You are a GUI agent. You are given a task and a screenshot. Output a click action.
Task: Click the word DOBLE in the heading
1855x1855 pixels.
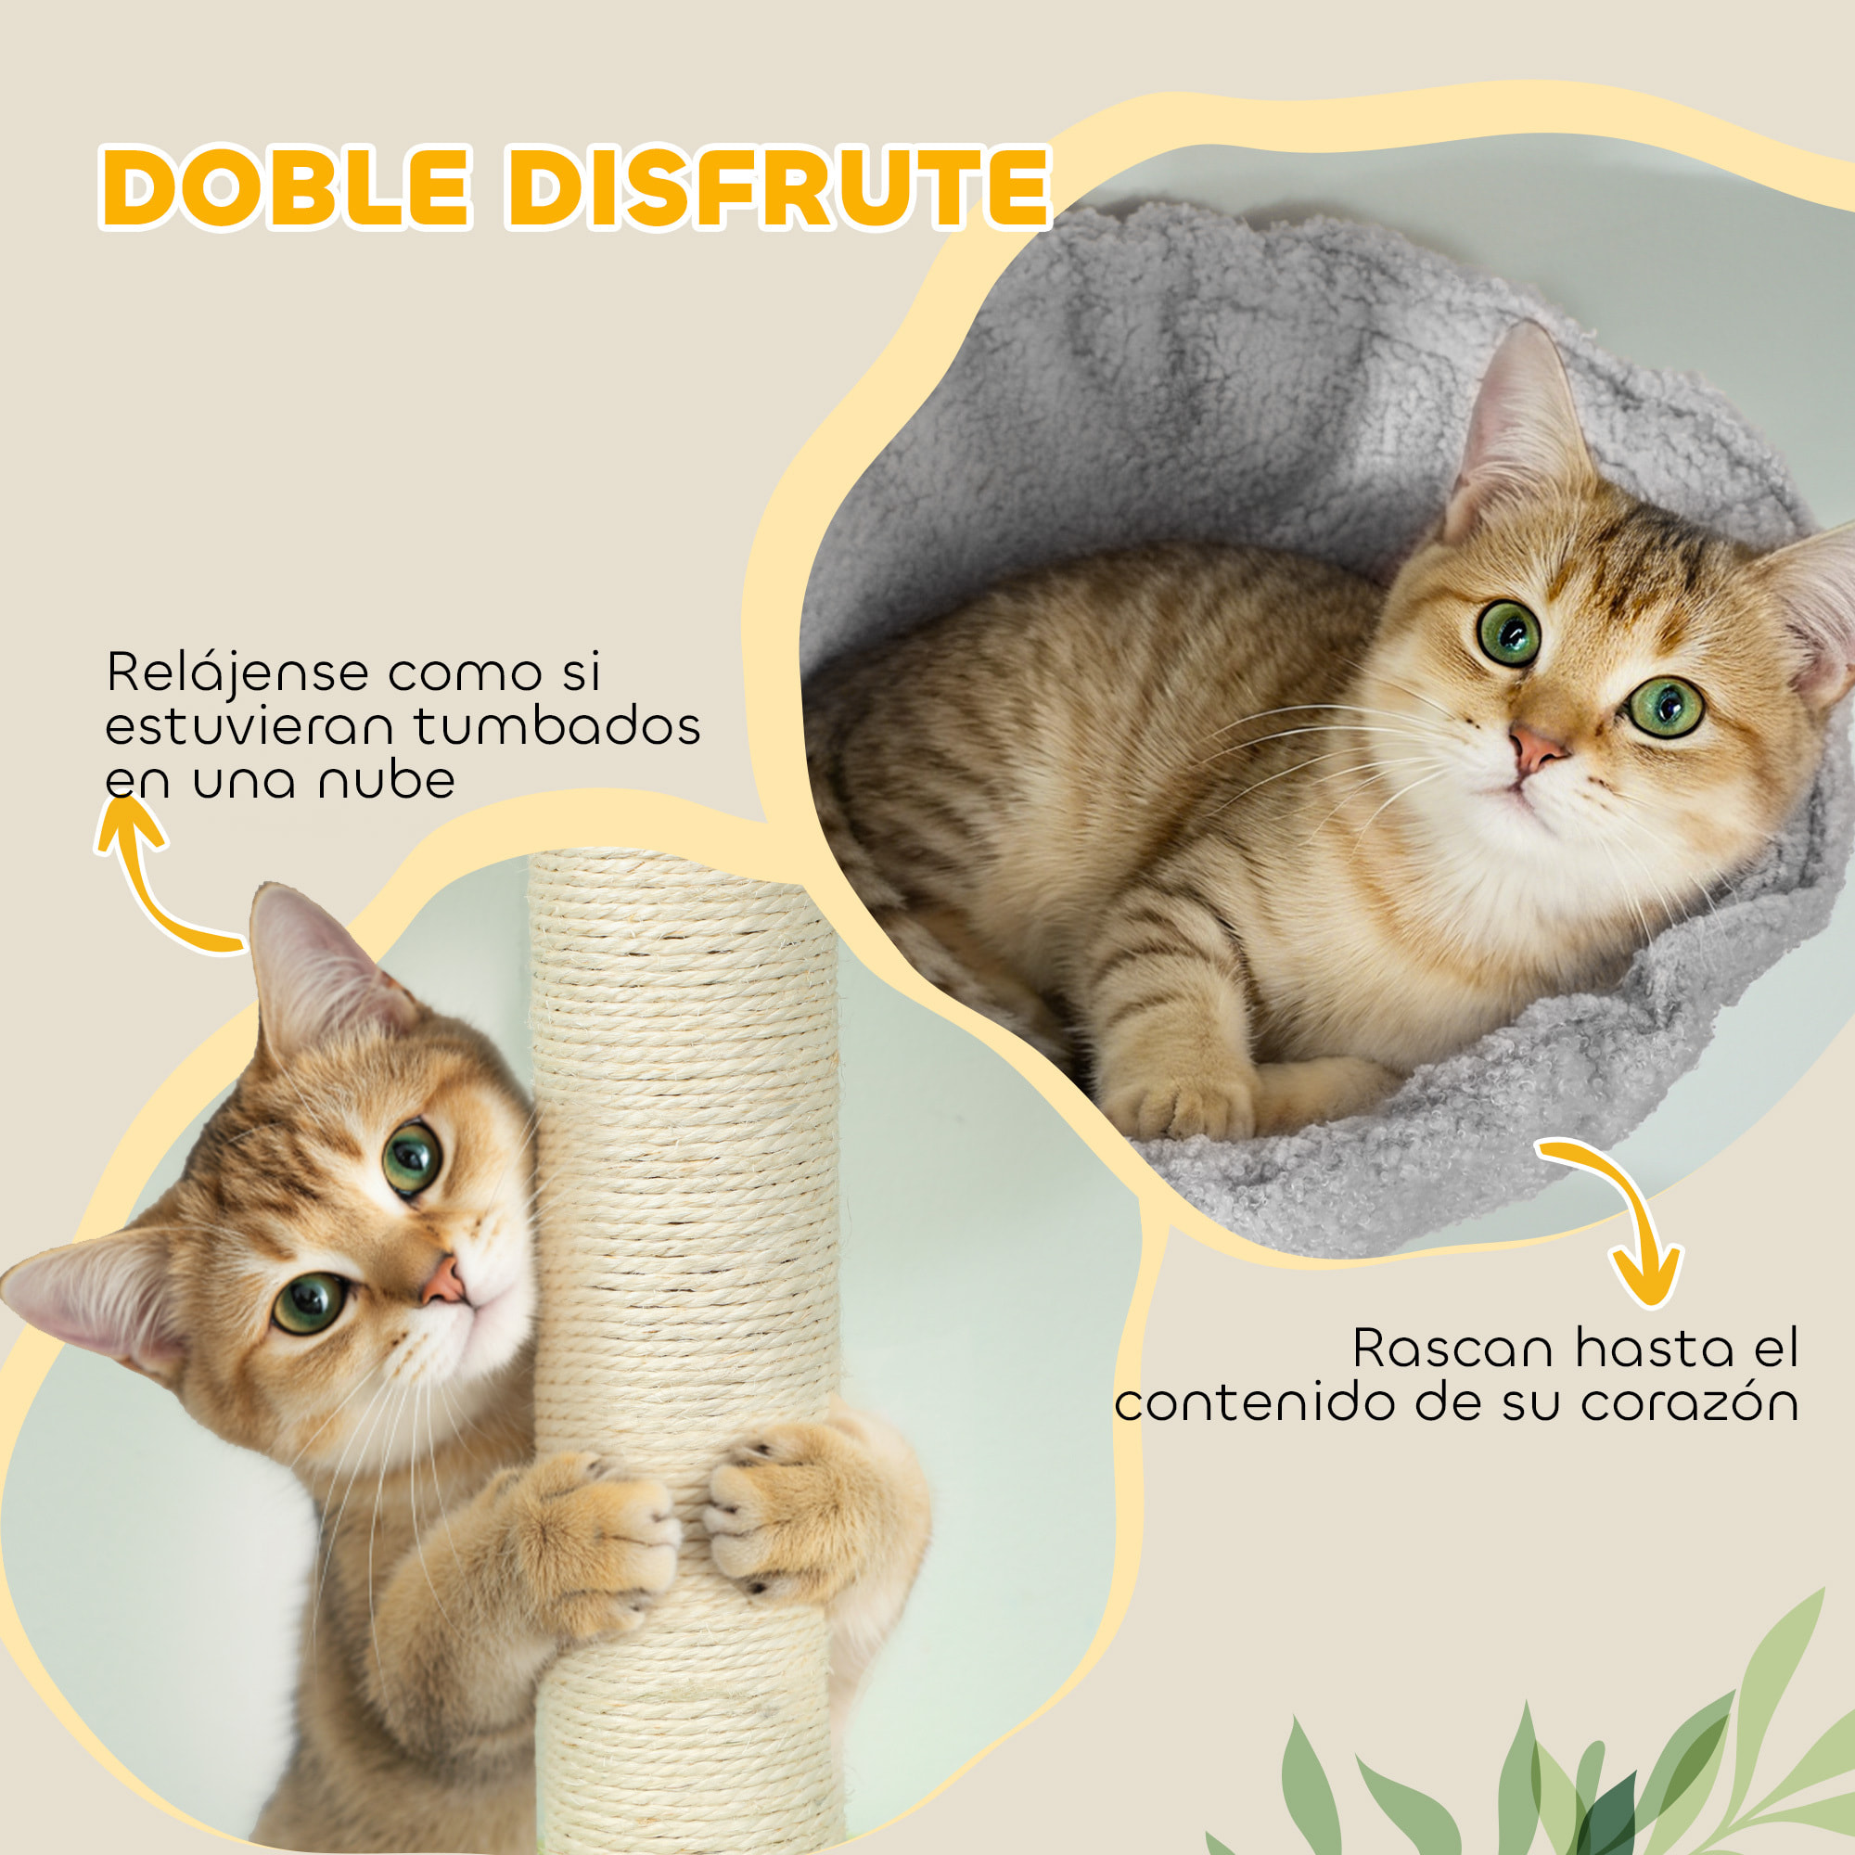click(285, 187)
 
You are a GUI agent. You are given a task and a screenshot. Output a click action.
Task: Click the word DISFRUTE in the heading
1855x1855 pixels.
click(778, 187)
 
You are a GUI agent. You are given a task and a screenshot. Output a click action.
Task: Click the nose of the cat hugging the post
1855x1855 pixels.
click(444, 1283)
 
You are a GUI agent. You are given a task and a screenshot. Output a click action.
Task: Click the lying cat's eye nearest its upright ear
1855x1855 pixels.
click(1508, 633)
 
